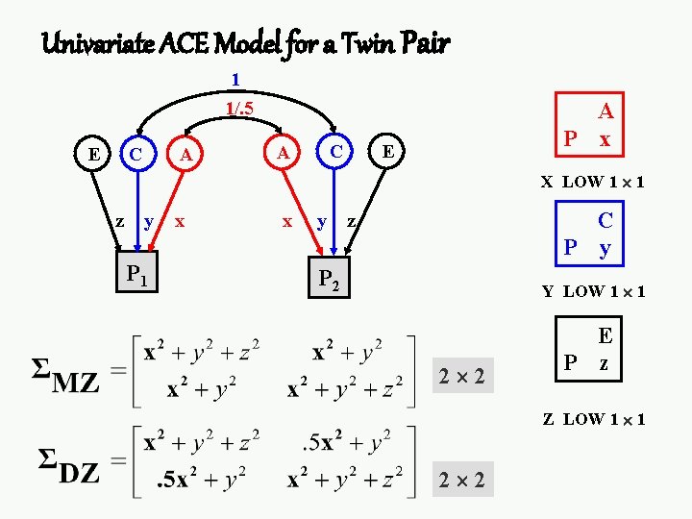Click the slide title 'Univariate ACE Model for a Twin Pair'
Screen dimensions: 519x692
[x=245, y=42]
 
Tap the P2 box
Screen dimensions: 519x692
[x=327, y=279]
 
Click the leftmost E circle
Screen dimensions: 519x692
[x=93, y=152]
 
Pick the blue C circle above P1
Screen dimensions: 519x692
[x=137, y=153]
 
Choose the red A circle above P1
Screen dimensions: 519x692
[x=187, y=153]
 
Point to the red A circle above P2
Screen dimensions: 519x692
[x=283, y=152]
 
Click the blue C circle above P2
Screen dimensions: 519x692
[x=334, y=151]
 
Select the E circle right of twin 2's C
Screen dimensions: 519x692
[x=386, y=151]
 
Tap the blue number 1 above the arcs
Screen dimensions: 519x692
[x=235, y=79]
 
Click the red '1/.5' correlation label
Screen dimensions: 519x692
[x=238, y=109]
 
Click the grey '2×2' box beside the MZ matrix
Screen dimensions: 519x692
[x=461, y=373]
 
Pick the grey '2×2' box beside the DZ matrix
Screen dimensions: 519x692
[x=461, y=479]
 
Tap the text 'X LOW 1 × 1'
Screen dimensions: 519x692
[x=592, y=181]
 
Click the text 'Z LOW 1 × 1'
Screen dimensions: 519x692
[x=593, y=419]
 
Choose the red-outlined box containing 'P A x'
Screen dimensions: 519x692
[x=588, y=127]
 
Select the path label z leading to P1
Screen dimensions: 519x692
[x=119, y=221]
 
